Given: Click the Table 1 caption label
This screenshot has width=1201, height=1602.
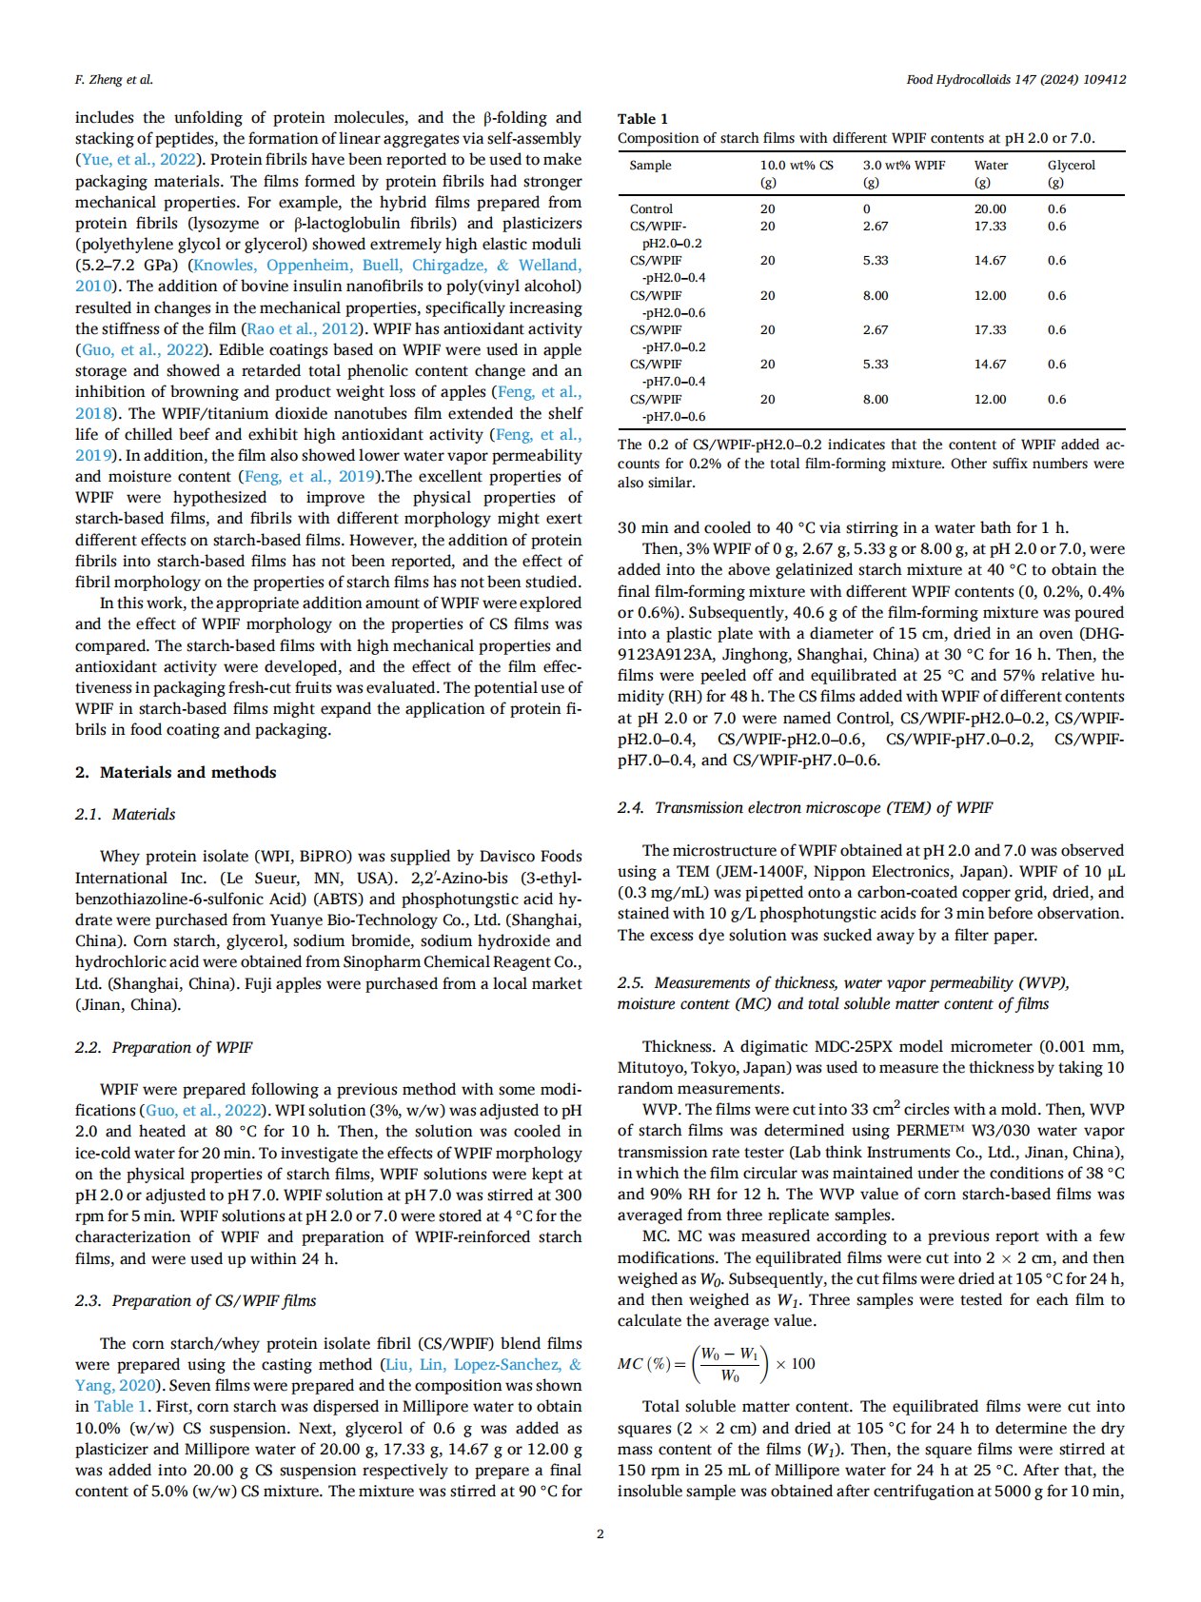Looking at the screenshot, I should click(642, 119).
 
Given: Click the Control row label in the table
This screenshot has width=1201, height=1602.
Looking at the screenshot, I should click(651, 209).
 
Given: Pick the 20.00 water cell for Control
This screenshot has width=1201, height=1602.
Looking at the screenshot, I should click(990, 209).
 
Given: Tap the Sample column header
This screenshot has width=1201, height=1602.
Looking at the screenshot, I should click(650, 166).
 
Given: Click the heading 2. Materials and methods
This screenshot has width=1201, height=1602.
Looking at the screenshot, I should click(176, 773).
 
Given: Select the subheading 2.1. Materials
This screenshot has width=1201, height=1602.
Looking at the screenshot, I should click(126, 815).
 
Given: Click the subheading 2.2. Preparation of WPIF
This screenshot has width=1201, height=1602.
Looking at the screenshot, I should click(164, 1048).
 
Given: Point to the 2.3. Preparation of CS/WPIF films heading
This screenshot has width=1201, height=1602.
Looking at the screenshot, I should click(196, 1301).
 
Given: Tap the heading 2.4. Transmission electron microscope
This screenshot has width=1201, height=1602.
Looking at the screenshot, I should click(805, 808).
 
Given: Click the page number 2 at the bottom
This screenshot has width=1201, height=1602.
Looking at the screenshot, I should click(600, 1533).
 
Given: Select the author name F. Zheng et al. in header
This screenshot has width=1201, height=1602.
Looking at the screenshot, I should click(113, 80).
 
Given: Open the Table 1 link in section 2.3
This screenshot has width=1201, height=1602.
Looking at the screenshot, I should click(120, 1407).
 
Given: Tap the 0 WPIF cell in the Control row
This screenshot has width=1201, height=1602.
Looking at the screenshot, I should click(867, 209).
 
